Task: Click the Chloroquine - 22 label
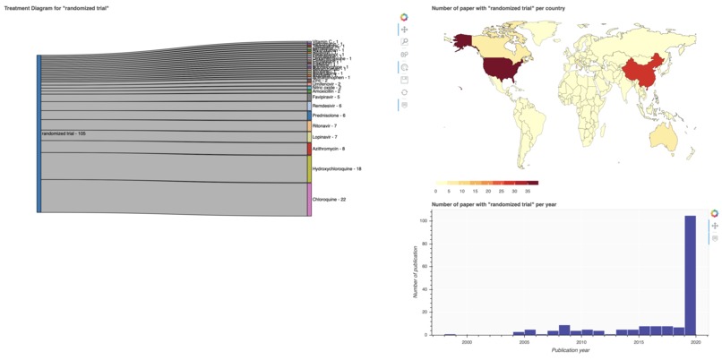point(328,199)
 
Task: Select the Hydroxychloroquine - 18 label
point(336,168)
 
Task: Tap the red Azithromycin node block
point(310,149)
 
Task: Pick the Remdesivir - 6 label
point(326,106)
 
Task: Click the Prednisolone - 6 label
point(328,116)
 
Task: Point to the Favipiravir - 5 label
point(325,97)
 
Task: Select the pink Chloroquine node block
point(310,199)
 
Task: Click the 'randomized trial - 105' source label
point(64,133)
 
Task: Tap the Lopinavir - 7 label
point(324,137)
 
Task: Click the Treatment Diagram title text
point(56,7)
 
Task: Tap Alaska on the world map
point(460,39)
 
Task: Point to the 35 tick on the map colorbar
point(527,191)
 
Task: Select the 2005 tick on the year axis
point(524,342)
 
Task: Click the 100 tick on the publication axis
point(425,220)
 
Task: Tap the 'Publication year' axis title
point(571,350)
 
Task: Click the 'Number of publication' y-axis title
point(416,275)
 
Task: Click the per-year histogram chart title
point(494,204)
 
